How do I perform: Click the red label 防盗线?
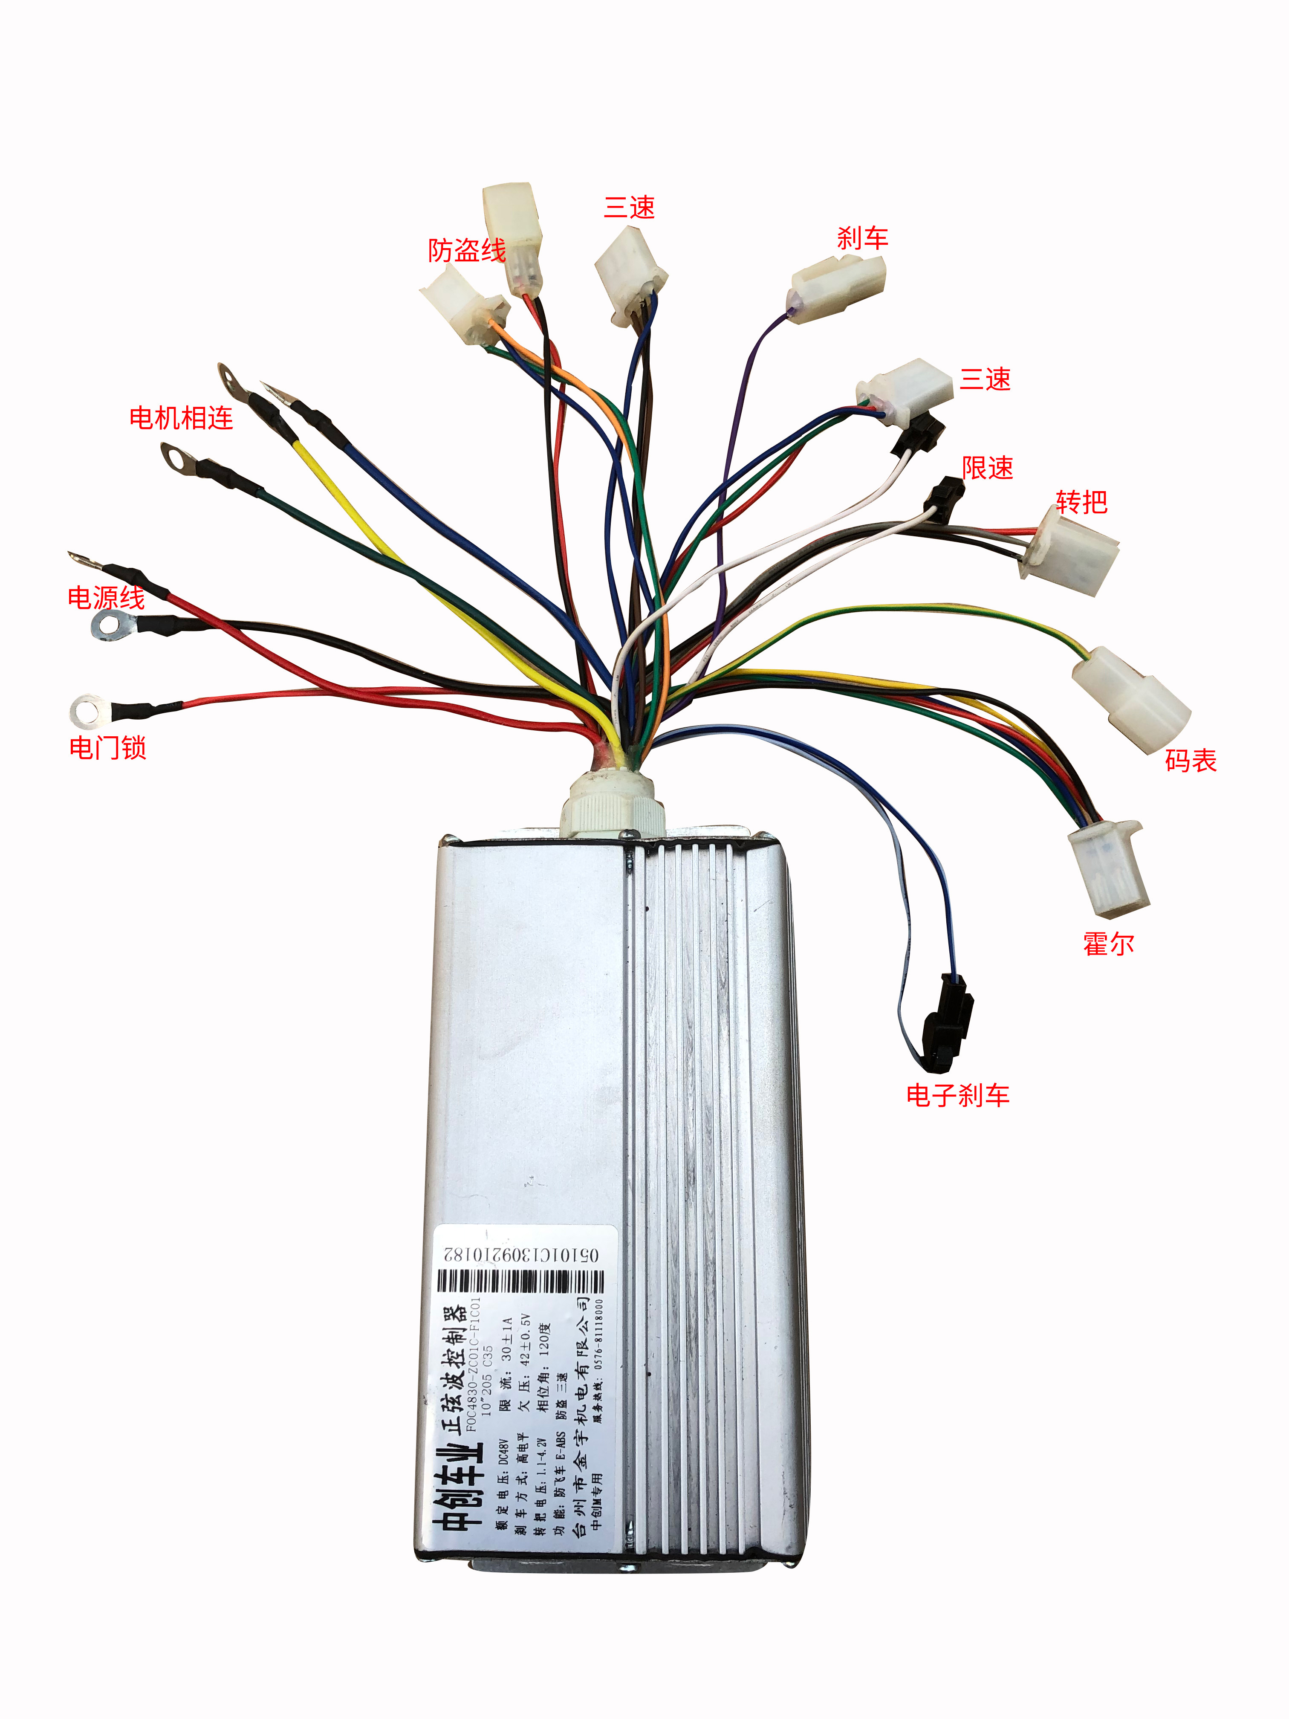[x=466, y=250]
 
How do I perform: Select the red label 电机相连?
[x=181, y=418]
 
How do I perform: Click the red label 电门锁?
[x=107, y=748]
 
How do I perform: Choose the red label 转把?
[x=1081, y=502]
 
